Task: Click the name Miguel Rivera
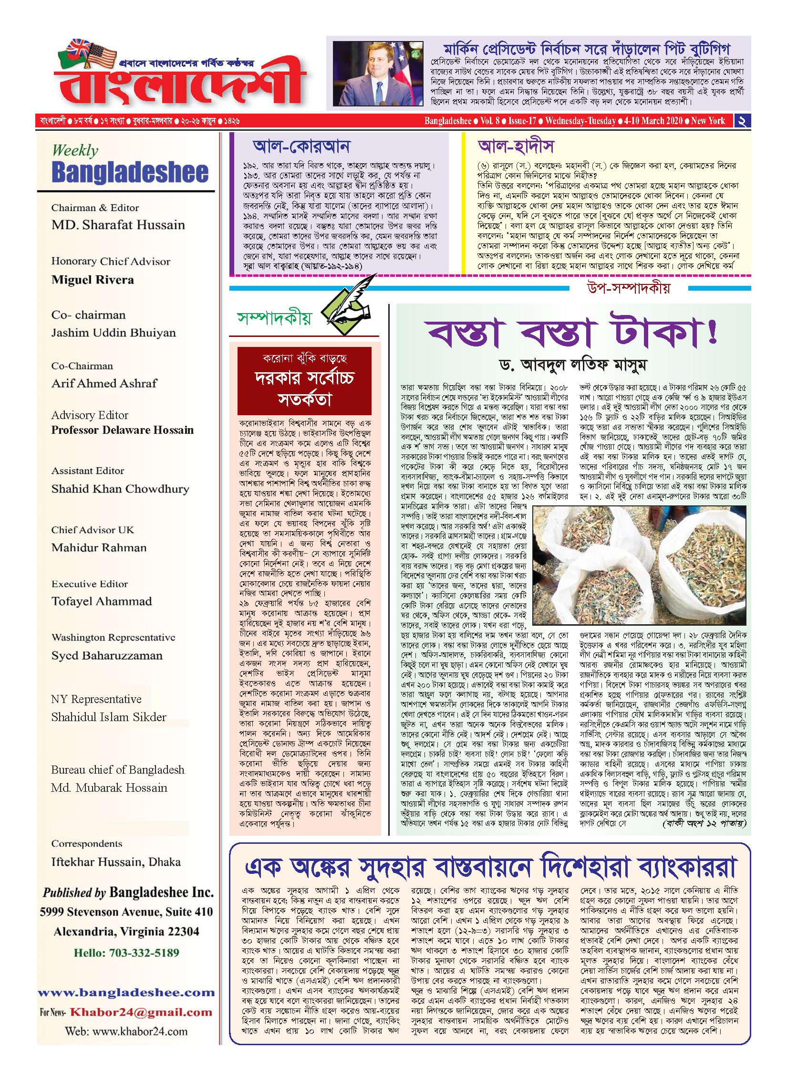click(93, 280)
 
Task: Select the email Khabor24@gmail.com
click(141, 1012)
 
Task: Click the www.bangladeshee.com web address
click(126, 993)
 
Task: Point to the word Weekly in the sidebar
click(75, 150)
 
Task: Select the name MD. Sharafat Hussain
click(118, 225)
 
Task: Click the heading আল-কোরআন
click(301, 147)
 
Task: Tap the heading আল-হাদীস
click(516, 147)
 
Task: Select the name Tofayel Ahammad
click(102, 601)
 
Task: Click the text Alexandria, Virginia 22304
click(126, 932)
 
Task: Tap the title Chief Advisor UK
click(93, 530)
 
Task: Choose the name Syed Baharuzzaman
click(107, 656)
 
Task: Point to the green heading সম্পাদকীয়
click(274, 318)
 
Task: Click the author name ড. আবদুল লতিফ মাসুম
click(572, 365)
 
